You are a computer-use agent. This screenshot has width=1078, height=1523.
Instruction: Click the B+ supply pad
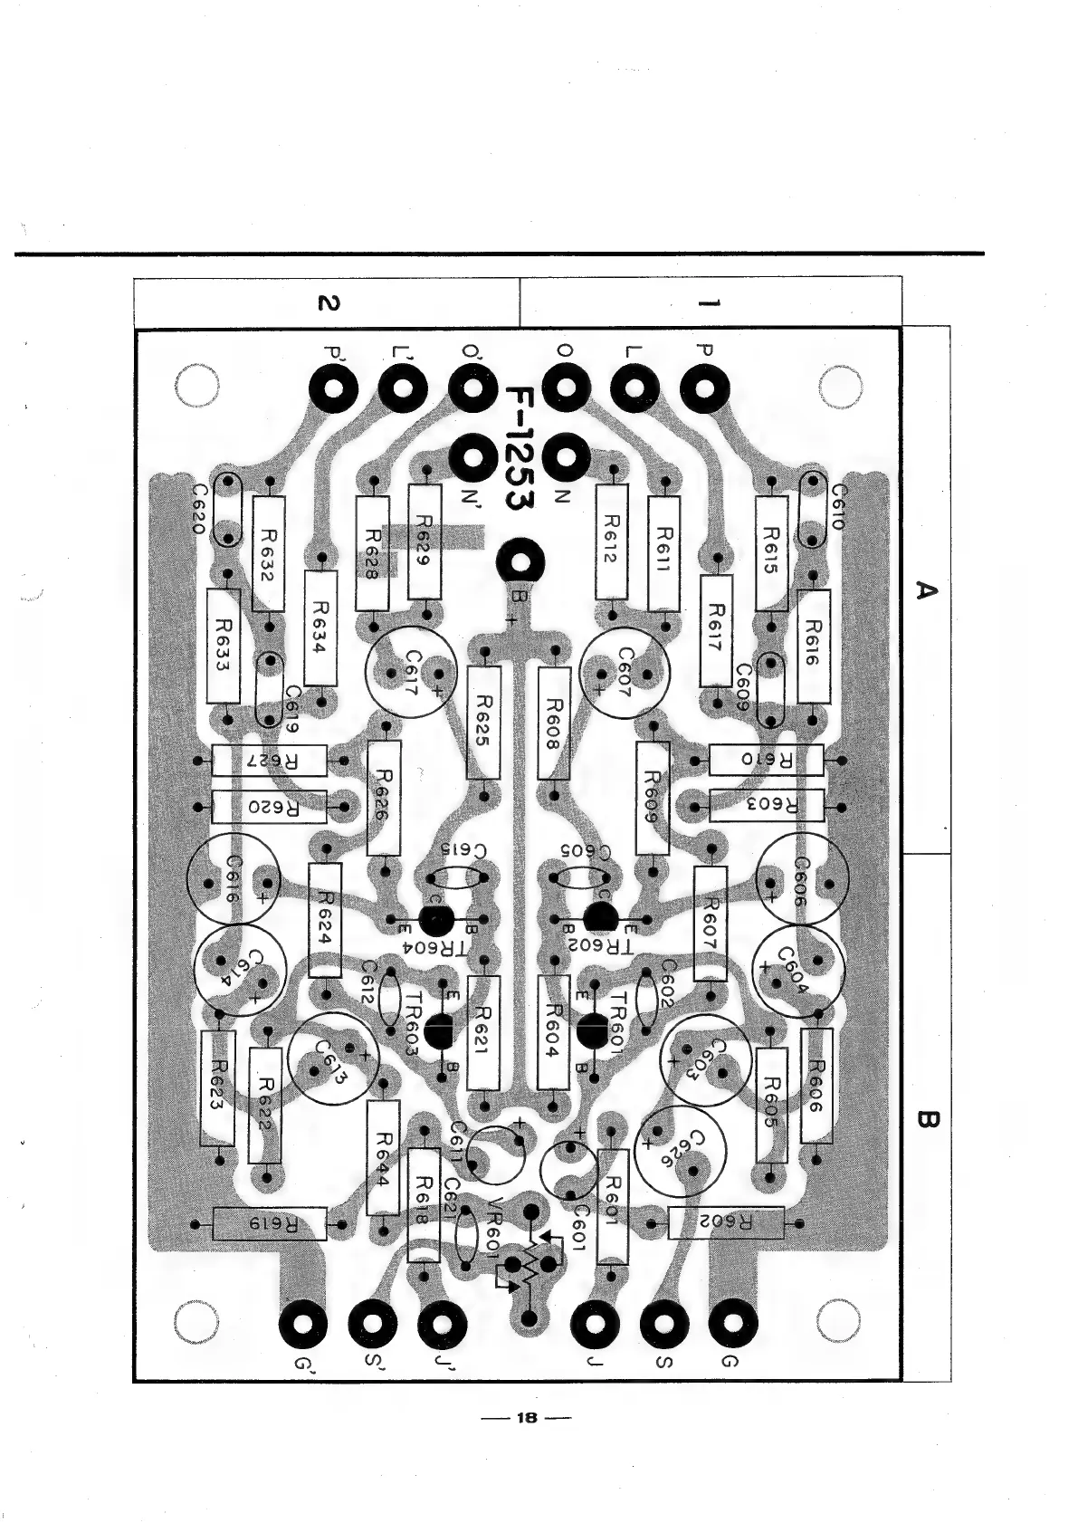tap(520, 563)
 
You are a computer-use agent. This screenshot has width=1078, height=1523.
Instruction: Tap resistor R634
tap(321, 627)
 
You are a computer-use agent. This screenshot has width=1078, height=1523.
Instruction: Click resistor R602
tap(726, 1222)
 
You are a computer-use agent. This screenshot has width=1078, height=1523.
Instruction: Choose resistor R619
tap(270, 1224)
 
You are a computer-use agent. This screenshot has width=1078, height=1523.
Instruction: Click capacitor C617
tap(411, 673)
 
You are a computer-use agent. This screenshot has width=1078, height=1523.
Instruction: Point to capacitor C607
tap(625, 673)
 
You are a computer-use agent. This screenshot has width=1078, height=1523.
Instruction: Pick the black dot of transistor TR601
tap(593, 1030)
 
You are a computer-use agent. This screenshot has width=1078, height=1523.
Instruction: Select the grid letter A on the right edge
tap(926, 590)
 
